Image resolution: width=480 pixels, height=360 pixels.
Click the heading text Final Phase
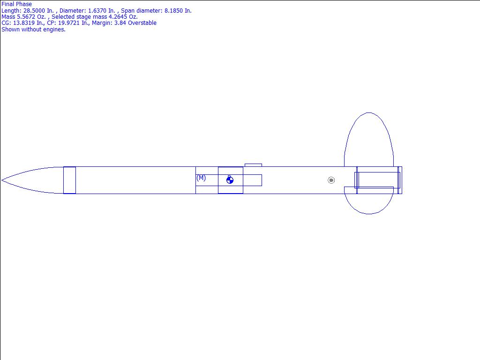[x=16, y=4]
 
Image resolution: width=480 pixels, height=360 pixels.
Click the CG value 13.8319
[x=23, y=22]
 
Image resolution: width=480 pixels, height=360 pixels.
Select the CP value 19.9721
[x=69, y=22]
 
